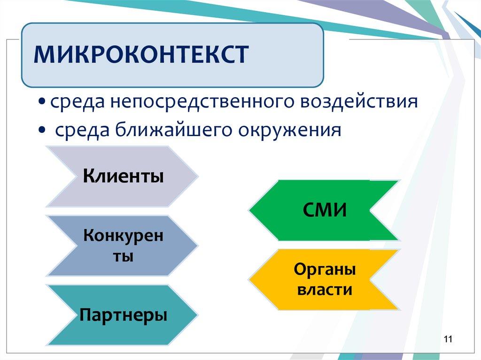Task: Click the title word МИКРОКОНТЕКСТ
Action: [x=141, y=54]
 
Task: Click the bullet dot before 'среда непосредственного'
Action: [x=43, y=101]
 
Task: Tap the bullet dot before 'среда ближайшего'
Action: [x=42, y=130]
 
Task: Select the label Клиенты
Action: [x=123, y=176]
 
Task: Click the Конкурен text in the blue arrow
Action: [x=123, y=236]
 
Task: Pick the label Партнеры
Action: [x=124, y=315]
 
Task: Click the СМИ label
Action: [x=325, y=210]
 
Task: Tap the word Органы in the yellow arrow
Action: [x=325, y=270]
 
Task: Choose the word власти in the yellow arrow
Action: [x=325, y=290]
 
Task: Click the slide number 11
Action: [x=448, y=339]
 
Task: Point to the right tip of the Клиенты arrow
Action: [x=198, y=176]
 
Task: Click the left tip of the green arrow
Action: [x=249, y=210]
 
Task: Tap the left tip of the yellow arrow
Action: [x=249, y=280]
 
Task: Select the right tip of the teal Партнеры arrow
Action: [x=197, y=314]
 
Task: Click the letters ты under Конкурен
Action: [x=123, y=256]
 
